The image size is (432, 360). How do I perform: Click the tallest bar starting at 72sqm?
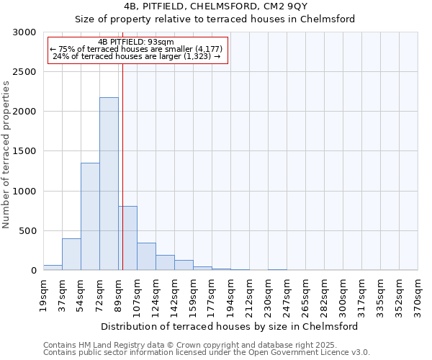click(109, 184)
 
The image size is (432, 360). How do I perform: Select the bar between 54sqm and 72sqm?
click(90, 216)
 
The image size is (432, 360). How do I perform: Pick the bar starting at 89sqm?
click(128, 238)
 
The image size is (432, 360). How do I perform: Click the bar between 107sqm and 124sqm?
click(146, 256)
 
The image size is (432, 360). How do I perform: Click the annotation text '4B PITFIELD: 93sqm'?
click(136, 42)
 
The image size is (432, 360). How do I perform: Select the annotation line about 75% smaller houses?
click(136, 49)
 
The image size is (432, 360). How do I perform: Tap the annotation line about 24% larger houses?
click(136, 56)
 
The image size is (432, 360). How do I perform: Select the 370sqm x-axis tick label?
click(418, 295)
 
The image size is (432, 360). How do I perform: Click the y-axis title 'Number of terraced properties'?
click(6, 155)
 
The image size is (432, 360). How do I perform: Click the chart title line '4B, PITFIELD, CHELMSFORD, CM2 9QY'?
click(215, 6)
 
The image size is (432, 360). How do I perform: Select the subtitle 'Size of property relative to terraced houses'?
click(215, 19)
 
